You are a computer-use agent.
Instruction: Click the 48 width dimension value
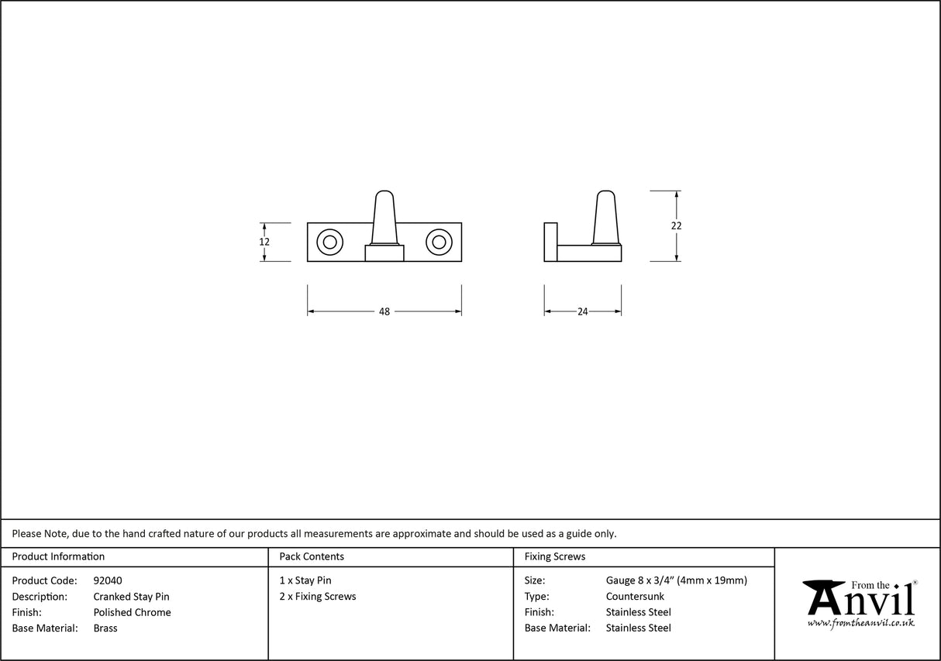384,312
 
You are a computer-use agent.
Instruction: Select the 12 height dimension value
264,242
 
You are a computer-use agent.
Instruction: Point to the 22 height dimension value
677,225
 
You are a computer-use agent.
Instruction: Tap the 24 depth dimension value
583,312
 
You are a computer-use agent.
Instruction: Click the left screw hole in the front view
329,243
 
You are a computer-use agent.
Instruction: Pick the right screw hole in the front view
439,243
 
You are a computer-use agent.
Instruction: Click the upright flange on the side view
550,242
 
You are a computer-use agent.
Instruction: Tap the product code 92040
108,580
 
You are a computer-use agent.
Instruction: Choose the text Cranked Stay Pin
131,597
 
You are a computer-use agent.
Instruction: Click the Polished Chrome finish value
132,612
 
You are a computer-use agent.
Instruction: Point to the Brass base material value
105,628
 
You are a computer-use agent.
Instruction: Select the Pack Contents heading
312,556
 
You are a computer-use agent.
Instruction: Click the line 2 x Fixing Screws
318,597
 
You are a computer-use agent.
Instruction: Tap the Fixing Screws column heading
555,556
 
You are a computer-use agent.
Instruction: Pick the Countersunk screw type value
635,597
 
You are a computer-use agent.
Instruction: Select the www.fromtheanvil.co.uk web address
860,622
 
